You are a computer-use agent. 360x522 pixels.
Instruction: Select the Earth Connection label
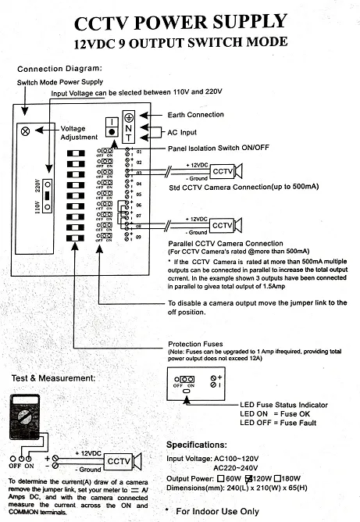pyautogui.click(x=195, y=115)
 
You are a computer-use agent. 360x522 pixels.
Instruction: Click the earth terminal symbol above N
pyautogui.click(x=128, y=116)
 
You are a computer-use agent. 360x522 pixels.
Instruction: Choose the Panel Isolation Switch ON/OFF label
pyautogui.click(x=218, y=148)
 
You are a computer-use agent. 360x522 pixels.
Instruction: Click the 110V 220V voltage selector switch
pyautogui.click(x=48, y=195)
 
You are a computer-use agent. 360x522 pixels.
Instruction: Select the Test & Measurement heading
pyautogui.click(x=53, y=377)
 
